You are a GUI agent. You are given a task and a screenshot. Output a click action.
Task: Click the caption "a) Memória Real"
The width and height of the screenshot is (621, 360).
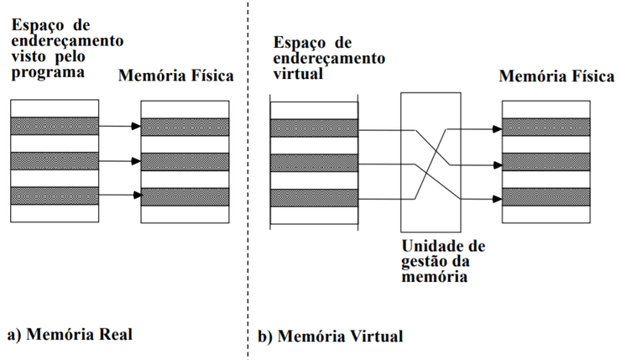70,334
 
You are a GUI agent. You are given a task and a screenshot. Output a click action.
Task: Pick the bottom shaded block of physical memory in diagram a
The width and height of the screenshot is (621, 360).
185,196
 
